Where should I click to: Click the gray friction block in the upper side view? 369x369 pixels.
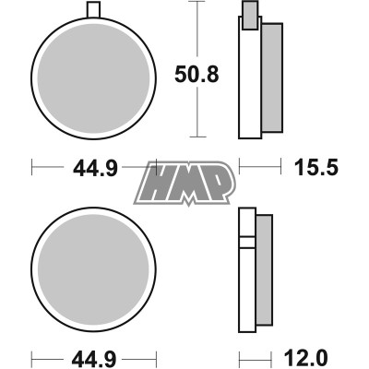272,76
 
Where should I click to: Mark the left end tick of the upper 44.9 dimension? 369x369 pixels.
33,169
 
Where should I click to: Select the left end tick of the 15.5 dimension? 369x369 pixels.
240,169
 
